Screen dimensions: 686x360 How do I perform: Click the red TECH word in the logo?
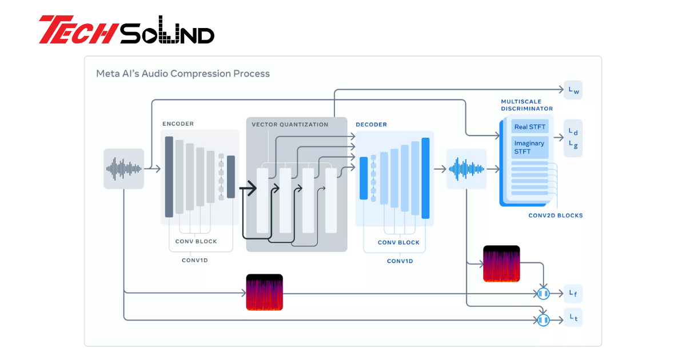78,29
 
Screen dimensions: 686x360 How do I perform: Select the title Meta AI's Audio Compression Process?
183,74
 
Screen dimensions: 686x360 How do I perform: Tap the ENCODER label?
178,123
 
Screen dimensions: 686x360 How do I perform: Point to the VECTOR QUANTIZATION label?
290,125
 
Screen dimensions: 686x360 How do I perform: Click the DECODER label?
371,125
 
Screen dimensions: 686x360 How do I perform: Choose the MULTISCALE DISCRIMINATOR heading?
527,105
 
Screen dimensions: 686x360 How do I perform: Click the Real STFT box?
529,126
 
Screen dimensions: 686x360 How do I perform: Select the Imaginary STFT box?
529,147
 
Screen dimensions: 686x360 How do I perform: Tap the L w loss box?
573,90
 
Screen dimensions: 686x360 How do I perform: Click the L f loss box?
573,294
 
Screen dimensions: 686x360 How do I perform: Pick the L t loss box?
573,318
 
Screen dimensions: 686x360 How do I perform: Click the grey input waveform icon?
123,169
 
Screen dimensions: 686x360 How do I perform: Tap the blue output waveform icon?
466,169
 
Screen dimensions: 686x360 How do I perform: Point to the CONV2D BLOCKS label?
556,215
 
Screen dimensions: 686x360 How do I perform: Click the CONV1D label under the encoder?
195,260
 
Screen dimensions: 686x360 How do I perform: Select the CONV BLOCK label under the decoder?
398,242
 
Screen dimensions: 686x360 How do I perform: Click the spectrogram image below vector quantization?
264,293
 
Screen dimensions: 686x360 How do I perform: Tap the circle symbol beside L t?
543,320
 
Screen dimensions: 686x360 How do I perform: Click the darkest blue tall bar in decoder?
425,178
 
